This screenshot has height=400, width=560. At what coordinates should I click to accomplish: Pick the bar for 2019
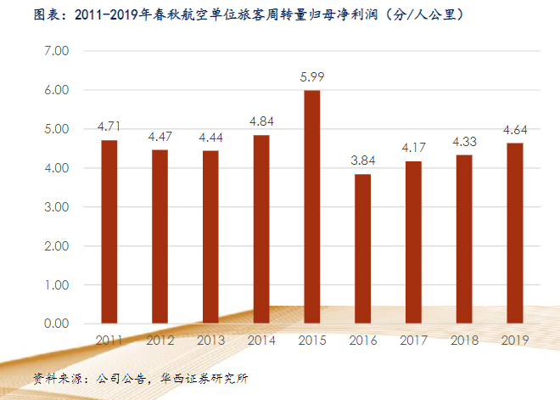click(x=514, y=233)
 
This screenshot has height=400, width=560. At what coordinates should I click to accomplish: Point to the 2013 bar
click(x=210, y=237)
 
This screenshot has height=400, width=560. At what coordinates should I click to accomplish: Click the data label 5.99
click(x=312, y=76)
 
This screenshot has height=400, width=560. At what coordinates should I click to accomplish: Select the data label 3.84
click(x=362, y=161)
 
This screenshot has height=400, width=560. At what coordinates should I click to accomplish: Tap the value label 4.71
click(x=109, y=127)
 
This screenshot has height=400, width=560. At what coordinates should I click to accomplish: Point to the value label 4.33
click(x=464, y=141)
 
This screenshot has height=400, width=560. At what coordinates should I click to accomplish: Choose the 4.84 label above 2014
click(x=261, y=121)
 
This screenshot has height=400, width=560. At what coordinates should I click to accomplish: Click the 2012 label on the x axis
click(x=160, y=341)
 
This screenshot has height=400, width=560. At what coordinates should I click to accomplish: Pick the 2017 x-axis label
click(x=413, y=341)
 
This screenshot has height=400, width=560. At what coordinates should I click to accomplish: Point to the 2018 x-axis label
click(x=464, y=341)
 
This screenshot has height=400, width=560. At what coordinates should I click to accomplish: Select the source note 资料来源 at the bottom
click(x=140, y=377)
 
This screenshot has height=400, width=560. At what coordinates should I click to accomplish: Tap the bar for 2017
click(x=413, y=242)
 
